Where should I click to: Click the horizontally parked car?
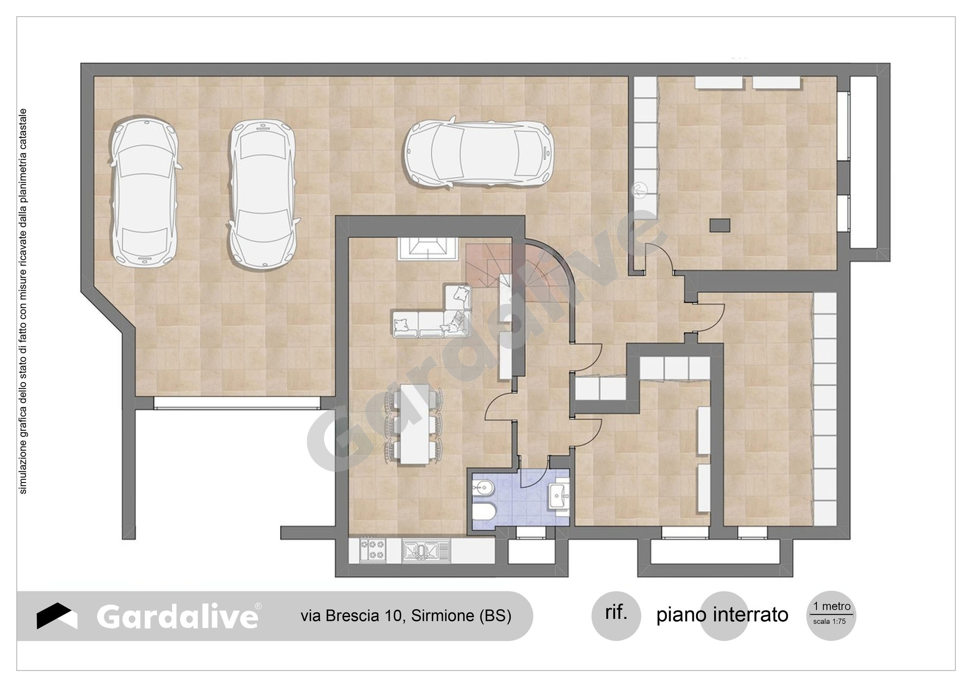click(x=479, y=154)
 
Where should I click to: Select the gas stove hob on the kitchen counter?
click(x=373, y=550)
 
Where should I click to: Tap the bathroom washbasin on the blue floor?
click(x=559, y=497)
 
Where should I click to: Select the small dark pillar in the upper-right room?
click(x=720, y=225)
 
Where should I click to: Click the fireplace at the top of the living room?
click(x=427, y=249)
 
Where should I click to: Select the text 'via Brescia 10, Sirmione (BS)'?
click(x=406, y=616)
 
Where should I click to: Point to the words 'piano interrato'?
click(x=722, y=615)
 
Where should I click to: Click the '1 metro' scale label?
click(x=832, y=606)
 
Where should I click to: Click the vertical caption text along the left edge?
click(x=23, y=301)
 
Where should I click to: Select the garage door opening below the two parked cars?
click(x=237, y=403)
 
